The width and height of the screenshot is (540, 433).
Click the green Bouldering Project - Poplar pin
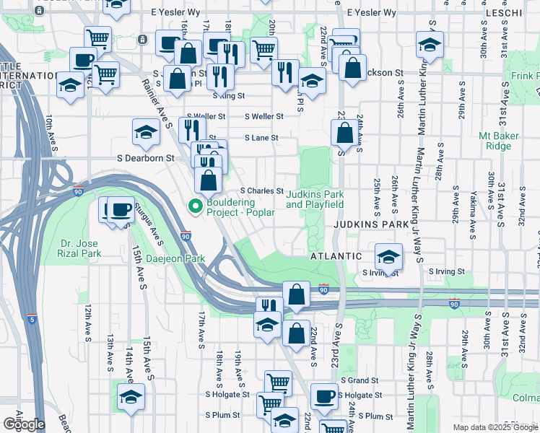tap(194, 206)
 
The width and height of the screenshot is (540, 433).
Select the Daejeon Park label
tap(174, 258)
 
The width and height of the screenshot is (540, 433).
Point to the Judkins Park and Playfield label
tap(314, 199)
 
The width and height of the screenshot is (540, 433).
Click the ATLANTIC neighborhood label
tap(334, 256)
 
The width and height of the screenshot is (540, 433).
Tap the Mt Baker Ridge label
tap(495, 141)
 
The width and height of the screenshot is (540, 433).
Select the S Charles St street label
tap(261, 191)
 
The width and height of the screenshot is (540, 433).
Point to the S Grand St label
tap(357, 380)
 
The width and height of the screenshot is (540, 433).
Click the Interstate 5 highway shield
tap(31, 318)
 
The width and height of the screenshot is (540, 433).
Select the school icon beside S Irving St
tap(388, 257)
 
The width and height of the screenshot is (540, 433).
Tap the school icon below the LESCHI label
tap(430, 44)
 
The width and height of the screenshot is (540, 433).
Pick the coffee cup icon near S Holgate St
tap(324, 395)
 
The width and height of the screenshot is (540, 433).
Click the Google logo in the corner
tap(24, 424)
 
